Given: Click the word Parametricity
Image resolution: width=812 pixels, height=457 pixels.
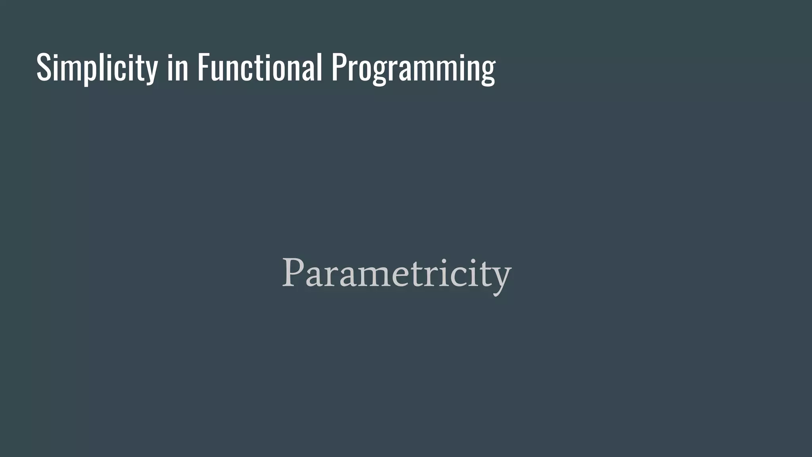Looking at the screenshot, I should (396, 274).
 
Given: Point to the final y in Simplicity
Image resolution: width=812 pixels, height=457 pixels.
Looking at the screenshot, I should (151, 71).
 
